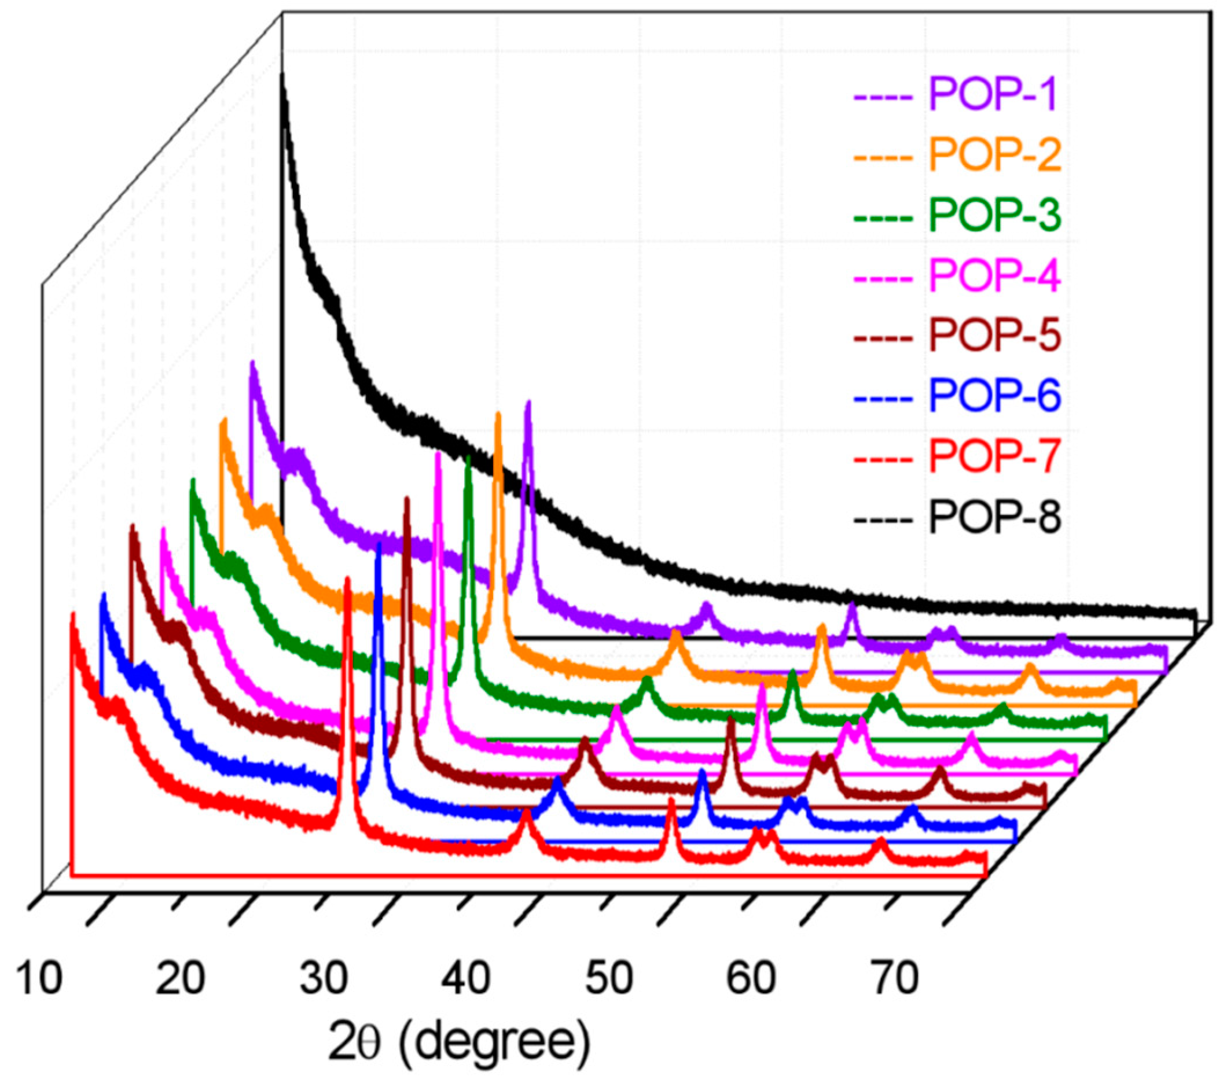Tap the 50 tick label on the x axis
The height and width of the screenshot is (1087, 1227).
pyautogui.click(x=609, y=978)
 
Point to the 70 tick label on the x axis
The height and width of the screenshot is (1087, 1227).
pyautogui.click(x=894, y=978)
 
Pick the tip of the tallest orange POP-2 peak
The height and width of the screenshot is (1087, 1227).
pyautogui.click(x=498, y=415)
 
